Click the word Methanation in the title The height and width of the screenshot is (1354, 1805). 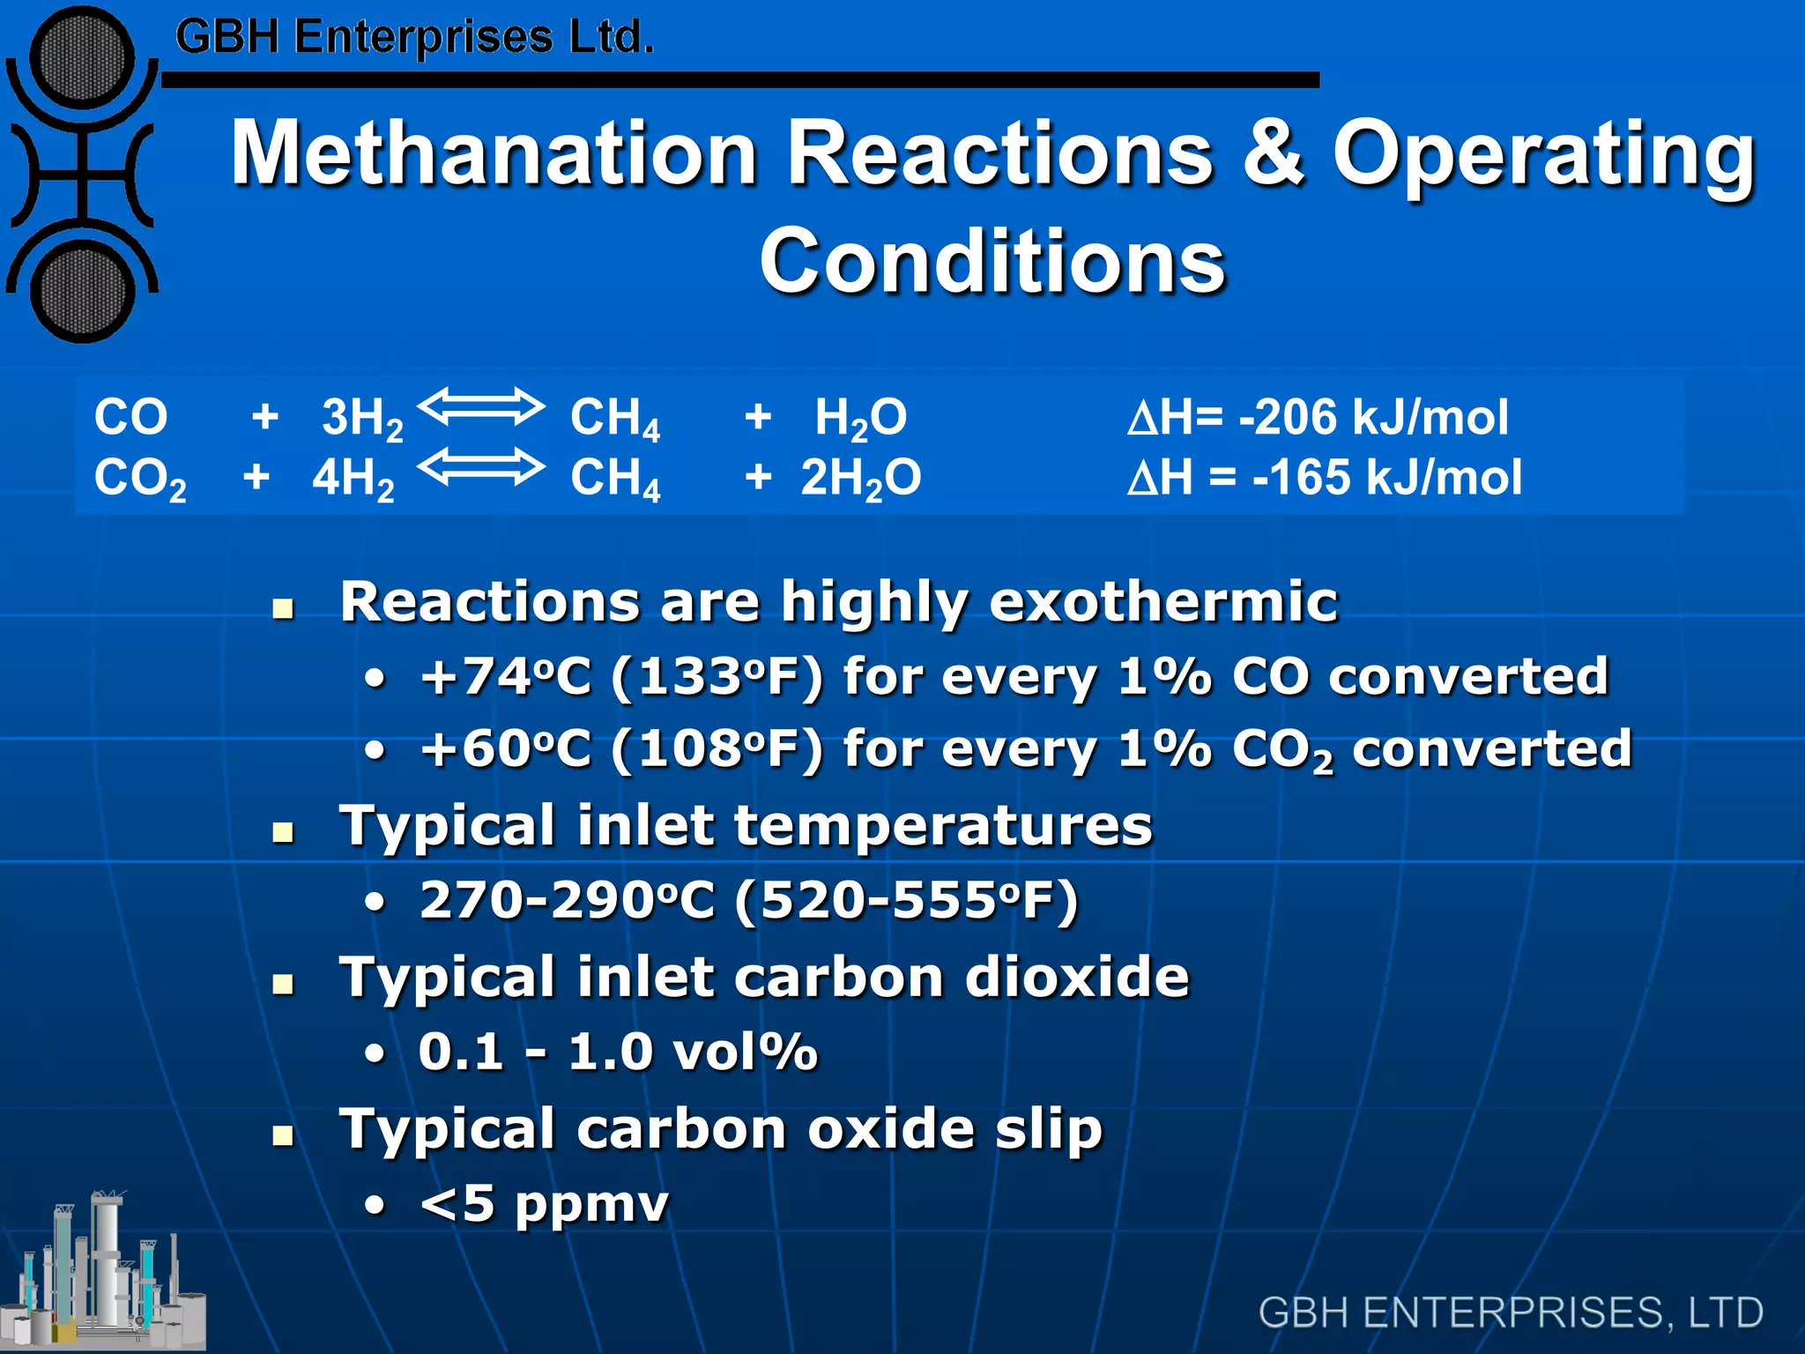[494, 153]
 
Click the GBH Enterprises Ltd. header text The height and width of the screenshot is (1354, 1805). [414, 37]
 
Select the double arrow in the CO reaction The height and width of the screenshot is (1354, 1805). [481, 407]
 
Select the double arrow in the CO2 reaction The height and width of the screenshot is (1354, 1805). [481, 467]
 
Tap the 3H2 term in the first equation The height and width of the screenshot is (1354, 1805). [361, 418]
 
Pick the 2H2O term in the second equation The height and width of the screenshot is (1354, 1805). [860, 479]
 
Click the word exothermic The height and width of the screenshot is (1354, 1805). [1163, 602]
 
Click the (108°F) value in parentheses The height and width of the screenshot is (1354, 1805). [717, 749]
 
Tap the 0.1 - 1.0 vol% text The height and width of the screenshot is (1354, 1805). [618, 1052]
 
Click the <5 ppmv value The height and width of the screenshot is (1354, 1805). [545, 1204]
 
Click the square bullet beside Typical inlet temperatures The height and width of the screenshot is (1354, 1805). [283, 831]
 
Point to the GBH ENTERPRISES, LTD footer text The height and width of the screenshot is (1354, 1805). [1511, 1313]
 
